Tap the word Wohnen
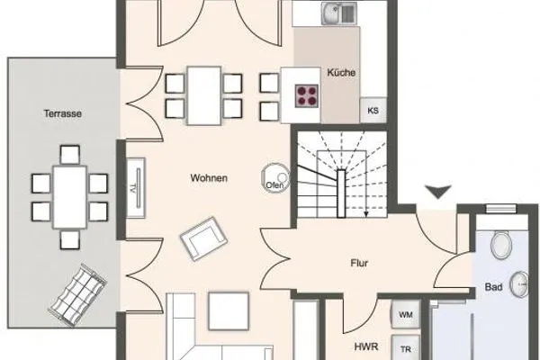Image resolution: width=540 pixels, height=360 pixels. (209, 178)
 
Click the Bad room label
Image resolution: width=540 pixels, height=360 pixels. (493, 288)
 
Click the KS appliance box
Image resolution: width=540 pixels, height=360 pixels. (373, 111)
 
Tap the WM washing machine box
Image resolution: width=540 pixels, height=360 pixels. (405, 315)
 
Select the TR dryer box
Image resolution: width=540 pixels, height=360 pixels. (406, 349)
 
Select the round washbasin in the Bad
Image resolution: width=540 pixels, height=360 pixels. (522, 284)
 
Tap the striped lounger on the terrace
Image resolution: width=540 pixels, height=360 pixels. (79, 290)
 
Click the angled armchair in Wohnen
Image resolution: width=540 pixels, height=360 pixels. (202, 238)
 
